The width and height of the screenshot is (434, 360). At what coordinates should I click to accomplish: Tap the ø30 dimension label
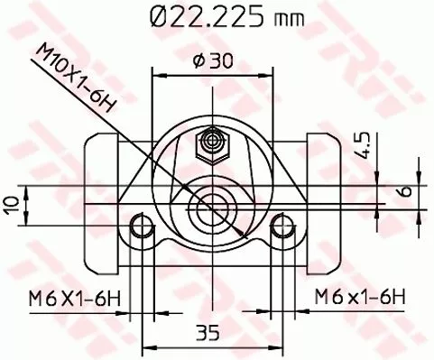point(214,60)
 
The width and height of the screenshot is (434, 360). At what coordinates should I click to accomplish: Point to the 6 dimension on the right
point(405,192)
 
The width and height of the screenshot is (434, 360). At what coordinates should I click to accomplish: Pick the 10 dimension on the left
point(12,206)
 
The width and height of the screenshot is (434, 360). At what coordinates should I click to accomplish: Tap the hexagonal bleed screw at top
point(215,141)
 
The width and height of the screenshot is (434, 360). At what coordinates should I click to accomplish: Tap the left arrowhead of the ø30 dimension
point(157,76)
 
